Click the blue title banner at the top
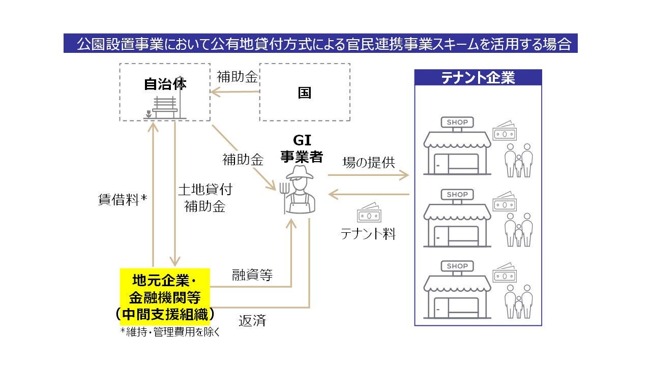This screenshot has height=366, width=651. pos(320,44)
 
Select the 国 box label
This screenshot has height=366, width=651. pos(305,93)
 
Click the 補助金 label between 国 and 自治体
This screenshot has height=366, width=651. pos(238,77)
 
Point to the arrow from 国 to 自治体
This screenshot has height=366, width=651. pos(235,92)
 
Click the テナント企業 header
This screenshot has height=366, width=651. pos(478,77)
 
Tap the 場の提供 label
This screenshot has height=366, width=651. pos(369,162)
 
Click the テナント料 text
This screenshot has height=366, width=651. pos(368,233)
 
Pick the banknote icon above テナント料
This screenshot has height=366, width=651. pos(369,213)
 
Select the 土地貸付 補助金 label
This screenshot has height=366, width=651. pos(205,198)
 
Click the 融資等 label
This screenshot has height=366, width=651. pos(252,275)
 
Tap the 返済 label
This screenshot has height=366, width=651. pos(252,321)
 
